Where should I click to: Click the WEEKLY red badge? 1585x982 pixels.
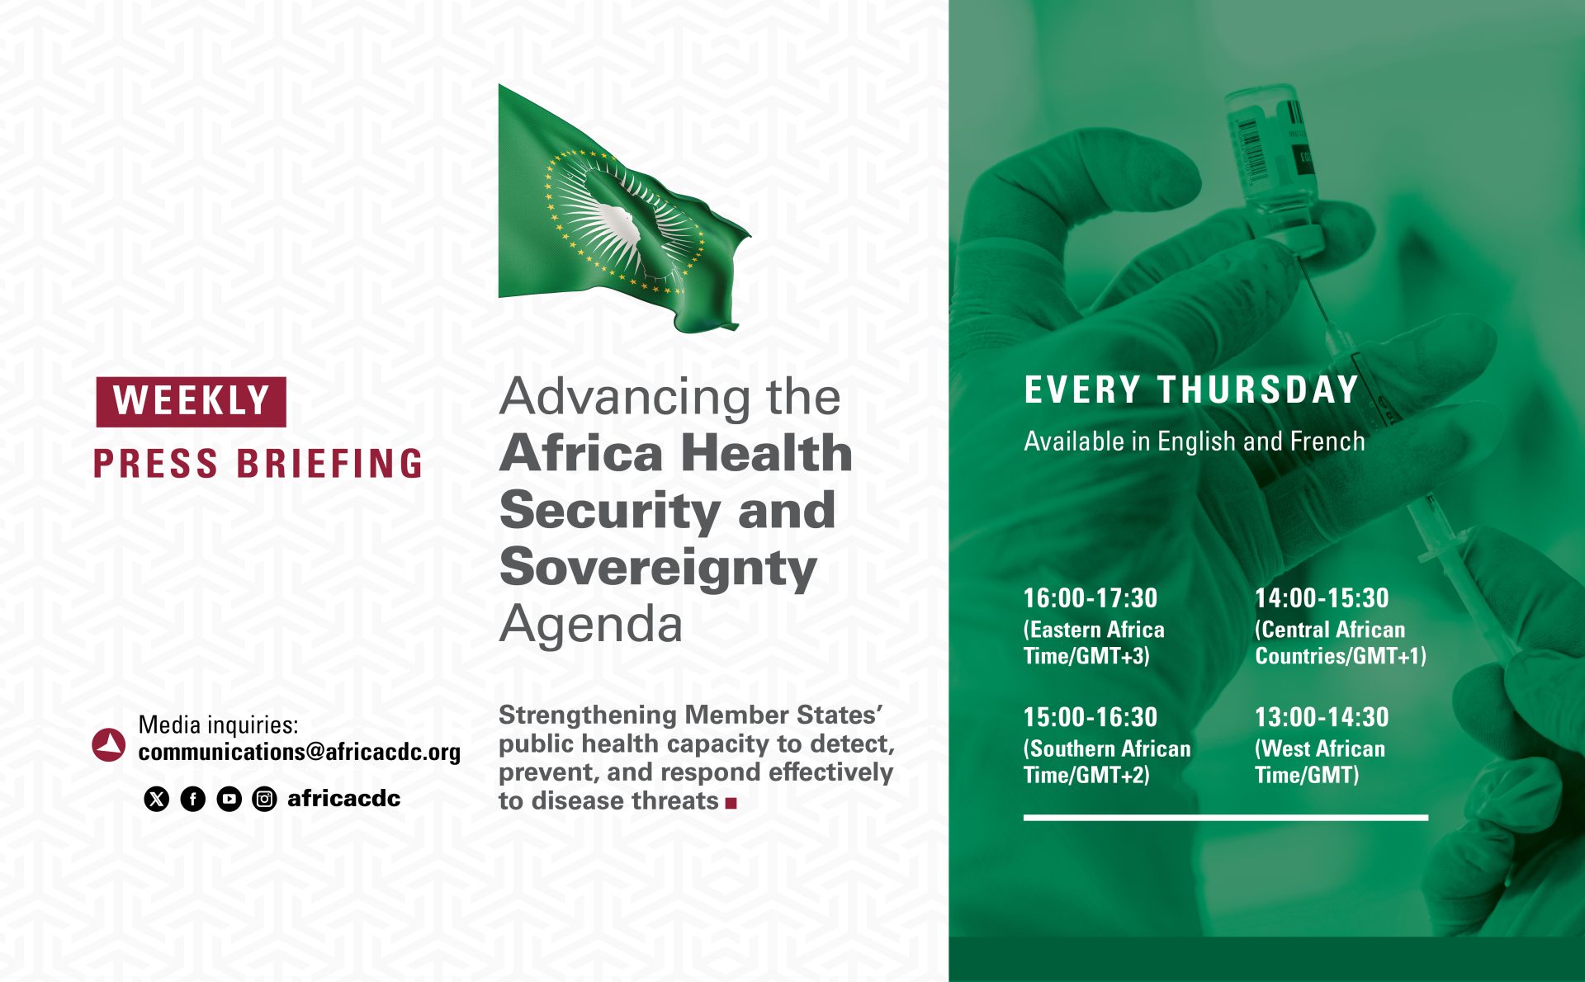pyautogui.click(x=191, y=402)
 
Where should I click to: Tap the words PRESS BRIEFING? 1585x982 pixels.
pyautogui.click(x=258, y=463)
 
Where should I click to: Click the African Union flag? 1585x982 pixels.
pyautogui.click(x=623, y=210)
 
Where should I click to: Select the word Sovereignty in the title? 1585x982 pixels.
pyautogui.click(x=658, y=568)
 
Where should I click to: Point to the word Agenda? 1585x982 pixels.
pyautogui.click(x=591, y=624)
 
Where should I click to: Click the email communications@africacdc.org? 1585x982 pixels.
pyautogui.click(x=300, y=752)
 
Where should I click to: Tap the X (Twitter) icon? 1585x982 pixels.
pyautogui.click(x=157, y=799)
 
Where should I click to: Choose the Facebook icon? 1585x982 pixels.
pyautogui.click(x=193, y=799)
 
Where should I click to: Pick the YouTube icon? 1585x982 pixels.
pyautogui.click(x=229, y=799)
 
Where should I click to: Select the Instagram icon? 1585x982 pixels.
pyautogui.click(x=264, y=799)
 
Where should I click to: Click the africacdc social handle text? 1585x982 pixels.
pyautogui.click(x=343, y=798)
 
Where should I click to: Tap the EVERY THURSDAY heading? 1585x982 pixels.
pyautogui.click(x=1191, y=389)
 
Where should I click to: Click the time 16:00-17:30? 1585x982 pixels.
pyautogui.click(x=1091, y=597)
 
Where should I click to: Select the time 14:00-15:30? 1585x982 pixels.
pyautogui.click(x=1322, y=597)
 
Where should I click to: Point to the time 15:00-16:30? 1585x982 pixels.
pyautogui.click(x=1091, y=716)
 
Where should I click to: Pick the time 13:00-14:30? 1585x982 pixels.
pyautogui.click(x=1322, y=716)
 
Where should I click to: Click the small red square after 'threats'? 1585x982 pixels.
pyautogui.click(x=731, y=802)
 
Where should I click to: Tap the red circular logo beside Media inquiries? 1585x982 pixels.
pyautogui.click(x=109, y=744)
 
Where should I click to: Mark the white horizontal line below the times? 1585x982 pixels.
pyautogui.click(x=1226, y=818)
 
